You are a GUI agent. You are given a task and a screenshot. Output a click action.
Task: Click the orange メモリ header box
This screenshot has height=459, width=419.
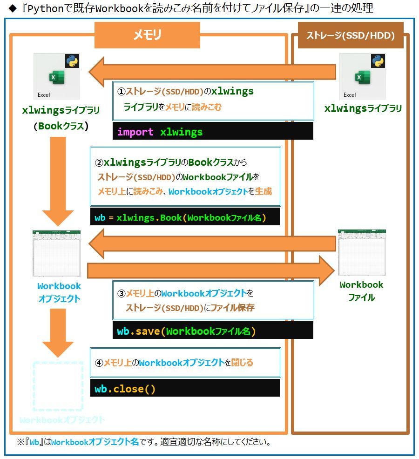(x=147, y=35)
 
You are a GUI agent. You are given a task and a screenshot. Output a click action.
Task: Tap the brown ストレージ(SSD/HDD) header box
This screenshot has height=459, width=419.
(x=351, y=35)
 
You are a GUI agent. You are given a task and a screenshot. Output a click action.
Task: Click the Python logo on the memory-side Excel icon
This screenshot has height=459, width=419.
(x=72, y=61)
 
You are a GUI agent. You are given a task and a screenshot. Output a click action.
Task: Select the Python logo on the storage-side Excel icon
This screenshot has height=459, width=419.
(x=378, y=61)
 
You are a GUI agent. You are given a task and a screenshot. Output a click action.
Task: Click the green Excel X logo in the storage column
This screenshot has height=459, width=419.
(x=363, y=77)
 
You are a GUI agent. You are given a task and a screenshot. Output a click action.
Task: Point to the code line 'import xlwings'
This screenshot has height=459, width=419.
(x=160, y=132)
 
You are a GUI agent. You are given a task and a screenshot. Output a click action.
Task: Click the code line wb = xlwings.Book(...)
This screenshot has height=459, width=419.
(x=180, y=218)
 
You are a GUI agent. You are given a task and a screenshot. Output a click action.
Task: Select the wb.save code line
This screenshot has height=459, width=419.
(x=186, y=331)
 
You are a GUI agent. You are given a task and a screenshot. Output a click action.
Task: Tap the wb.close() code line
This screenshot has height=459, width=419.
(x=125, y=389)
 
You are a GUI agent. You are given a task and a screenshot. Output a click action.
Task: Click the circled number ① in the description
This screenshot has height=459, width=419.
(x=121, y=92)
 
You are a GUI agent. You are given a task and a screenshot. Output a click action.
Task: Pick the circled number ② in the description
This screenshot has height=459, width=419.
(x=99, y=163)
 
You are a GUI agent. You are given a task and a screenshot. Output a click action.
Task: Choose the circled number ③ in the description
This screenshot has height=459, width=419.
(x=121, y=294)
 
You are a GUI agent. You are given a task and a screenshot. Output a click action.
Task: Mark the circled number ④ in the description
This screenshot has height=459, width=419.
(x=99, y=363)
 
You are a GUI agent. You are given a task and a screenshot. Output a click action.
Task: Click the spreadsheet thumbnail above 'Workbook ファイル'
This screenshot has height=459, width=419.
(x=362, y=253)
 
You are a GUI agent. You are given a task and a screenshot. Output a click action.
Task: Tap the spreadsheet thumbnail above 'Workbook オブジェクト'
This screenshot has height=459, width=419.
(x=56, y=254)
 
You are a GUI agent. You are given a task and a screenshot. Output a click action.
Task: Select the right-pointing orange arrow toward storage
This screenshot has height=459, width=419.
(x=211, y=270)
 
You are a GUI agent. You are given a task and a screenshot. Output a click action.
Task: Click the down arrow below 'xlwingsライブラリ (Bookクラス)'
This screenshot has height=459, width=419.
(x=58, y=182)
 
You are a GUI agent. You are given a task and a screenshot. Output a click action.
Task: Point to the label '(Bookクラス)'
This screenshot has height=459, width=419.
(x=61, y=126)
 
